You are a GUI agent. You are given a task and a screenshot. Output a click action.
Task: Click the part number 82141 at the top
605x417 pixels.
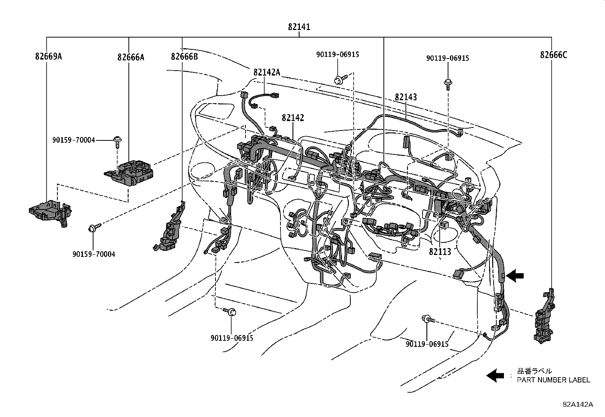299,27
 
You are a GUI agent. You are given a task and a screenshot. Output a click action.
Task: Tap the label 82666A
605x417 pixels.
131,57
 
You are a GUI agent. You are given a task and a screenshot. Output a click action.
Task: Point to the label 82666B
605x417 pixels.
184,57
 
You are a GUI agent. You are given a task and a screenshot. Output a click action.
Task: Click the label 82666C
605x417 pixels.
553,55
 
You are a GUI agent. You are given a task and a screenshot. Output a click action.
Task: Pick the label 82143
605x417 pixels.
405,97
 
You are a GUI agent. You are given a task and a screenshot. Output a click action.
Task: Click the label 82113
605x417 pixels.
440,251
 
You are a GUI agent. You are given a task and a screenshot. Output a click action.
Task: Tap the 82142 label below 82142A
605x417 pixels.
293,118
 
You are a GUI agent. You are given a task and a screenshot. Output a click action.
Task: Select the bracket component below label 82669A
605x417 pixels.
51,212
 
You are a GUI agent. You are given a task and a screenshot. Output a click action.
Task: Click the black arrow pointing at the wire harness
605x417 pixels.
515,276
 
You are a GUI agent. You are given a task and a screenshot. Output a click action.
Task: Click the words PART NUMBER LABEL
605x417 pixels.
553,380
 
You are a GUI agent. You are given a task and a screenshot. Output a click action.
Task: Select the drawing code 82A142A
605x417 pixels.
578,404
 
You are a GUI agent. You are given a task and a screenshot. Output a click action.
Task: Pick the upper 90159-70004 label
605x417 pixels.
73,140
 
